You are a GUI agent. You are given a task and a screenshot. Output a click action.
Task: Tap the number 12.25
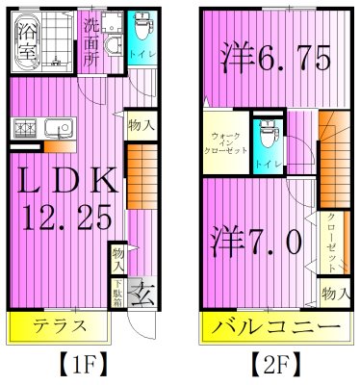[x=62, y=219]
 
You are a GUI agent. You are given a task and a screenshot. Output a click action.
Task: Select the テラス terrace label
[x=41, y=324]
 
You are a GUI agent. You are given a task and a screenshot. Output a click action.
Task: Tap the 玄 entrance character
[x=141, y=290]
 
